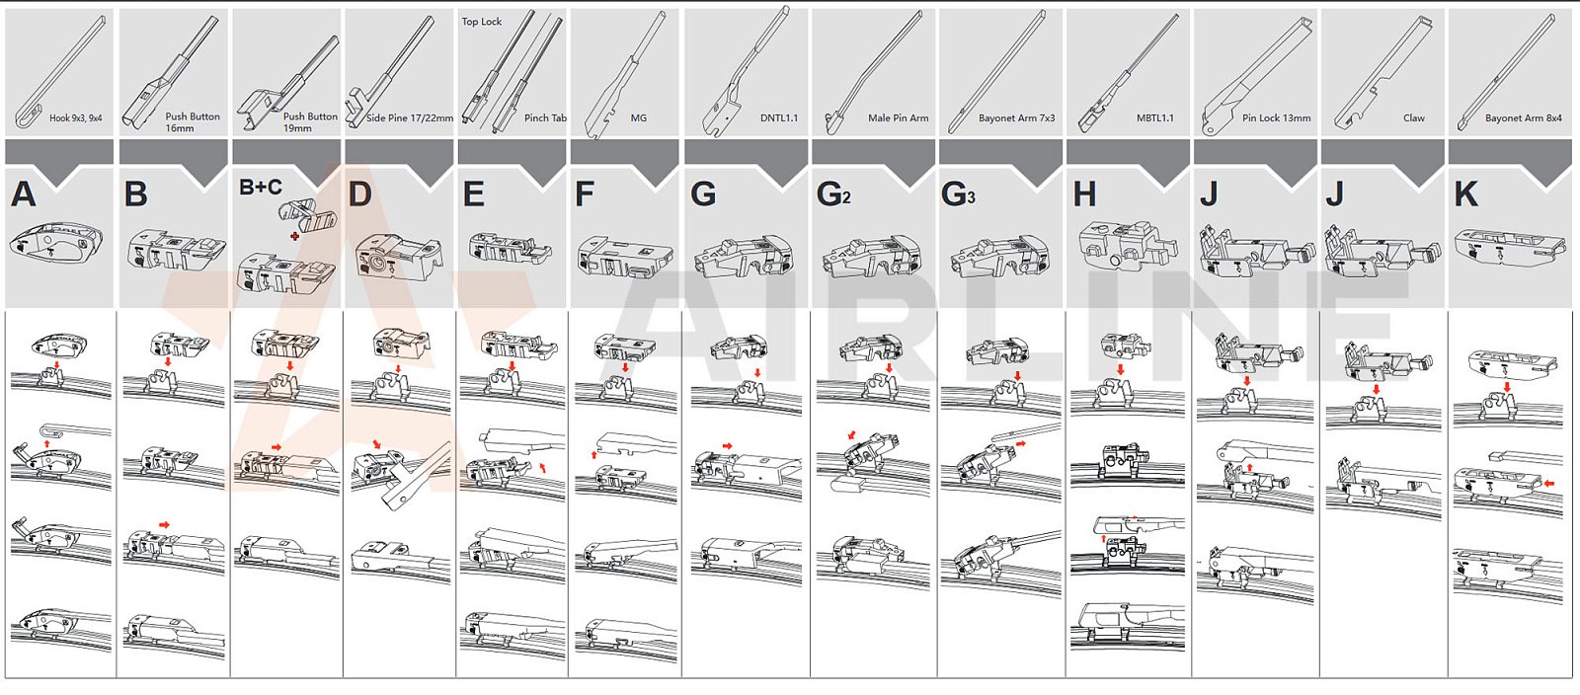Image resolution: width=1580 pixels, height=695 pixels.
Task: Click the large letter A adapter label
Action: point(24,193)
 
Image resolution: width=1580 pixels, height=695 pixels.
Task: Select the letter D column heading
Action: point(359,193)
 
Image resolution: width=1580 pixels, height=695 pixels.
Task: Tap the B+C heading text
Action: point(261,188)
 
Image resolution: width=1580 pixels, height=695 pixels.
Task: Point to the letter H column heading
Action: point(1084,193)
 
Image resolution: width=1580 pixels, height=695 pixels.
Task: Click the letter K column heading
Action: point(1466,193)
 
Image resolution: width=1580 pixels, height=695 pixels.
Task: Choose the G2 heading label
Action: point(833,193)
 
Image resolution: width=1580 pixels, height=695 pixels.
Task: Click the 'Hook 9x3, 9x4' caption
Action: point(75,118)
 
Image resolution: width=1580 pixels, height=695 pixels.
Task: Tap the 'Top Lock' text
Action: point(482,22)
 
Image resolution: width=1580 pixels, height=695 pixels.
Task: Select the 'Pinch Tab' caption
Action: point(545,118)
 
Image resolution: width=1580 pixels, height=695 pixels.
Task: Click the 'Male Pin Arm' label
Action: point(898,118)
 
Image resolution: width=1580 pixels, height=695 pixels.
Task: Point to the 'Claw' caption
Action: point(1414,118)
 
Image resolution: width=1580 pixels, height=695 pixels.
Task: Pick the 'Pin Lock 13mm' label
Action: point(1276,118)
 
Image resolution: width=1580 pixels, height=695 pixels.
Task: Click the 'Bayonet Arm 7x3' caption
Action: point(1016,118)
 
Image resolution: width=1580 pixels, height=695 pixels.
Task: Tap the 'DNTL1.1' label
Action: point(779,118)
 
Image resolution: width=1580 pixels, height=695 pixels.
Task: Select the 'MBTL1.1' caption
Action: point(1155,118)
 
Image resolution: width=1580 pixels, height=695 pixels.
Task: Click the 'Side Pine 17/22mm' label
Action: point(410,118)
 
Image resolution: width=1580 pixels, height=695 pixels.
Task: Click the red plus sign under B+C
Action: point(294,236)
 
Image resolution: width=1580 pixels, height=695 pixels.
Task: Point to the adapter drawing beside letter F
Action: point(624,256)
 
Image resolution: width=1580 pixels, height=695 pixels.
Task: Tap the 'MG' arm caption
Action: point(639,118)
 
